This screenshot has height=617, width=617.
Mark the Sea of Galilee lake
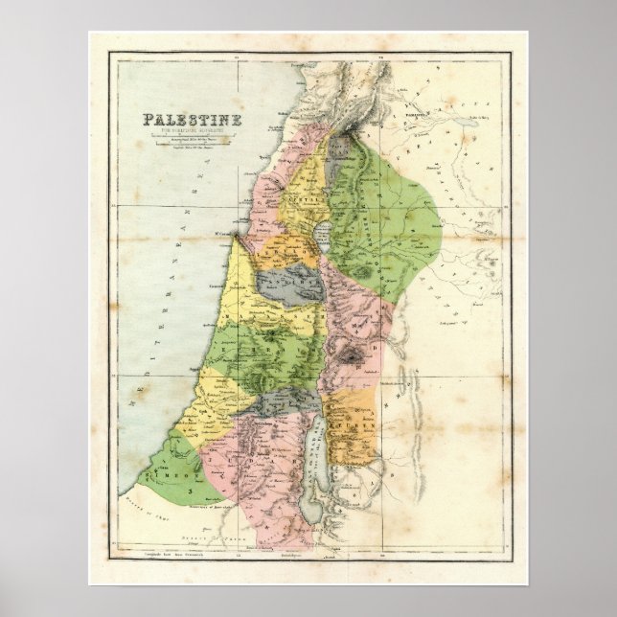coord(321,239)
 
